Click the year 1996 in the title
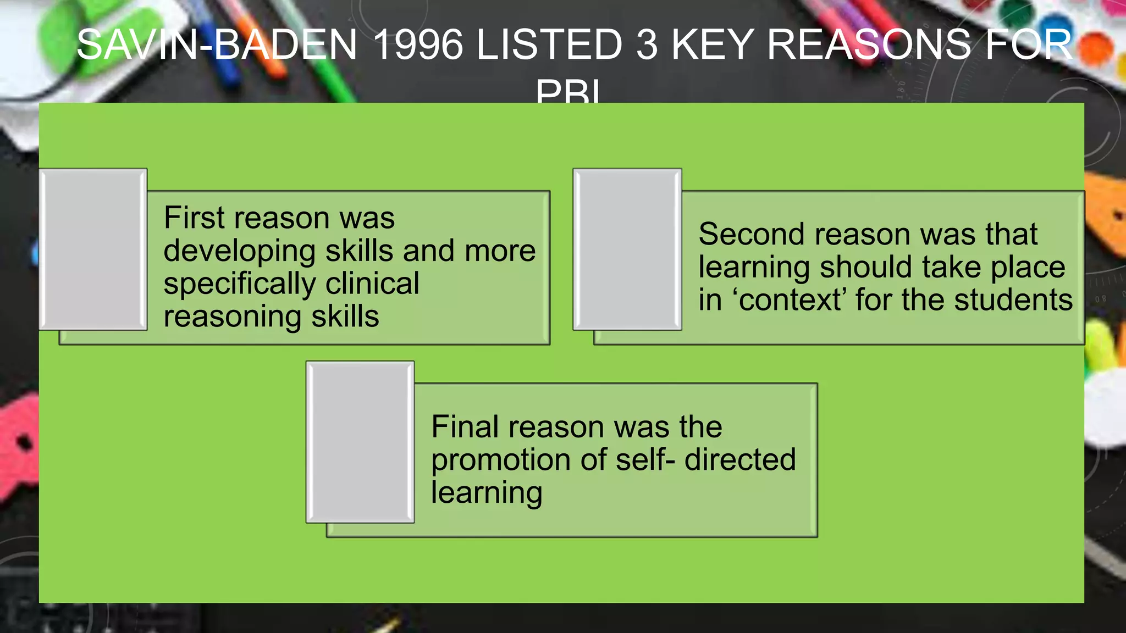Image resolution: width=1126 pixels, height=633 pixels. pos(418,45)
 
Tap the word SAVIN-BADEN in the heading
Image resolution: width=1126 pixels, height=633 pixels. pos(217,45)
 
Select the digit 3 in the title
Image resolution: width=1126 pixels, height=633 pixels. pos(648,45)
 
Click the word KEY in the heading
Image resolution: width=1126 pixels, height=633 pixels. pos(713,45)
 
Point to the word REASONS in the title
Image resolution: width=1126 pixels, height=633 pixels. pos(869,45)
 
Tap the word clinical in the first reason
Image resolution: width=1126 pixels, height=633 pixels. pos(372,284)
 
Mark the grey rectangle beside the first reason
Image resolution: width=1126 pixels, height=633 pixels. pos(93,249)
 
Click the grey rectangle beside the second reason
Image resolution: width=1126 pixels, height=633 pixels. pos(627,249)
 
